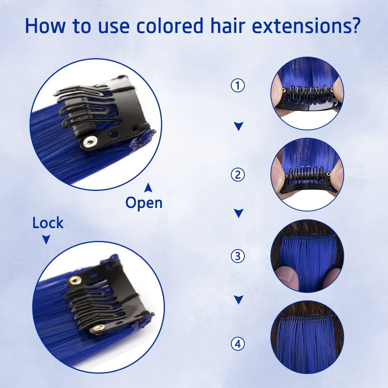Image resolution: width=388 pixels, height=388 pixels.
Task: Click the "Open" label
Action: [x=144, y=203]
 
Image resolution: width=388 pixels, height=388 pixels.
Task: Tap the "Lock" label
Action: [x=48, y=223]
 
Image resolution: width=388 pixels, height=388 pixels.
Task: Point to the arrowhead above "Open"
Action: [x=148, y=188]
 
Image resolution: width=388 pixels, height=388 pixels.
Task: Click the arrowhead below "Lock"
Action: [x=46, y=240]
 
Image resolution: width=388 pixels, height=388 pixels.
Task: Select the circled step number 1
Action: [x=237, y=86]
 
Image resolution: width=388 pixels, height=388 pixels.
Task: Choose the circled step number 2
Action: [x=237, y=175]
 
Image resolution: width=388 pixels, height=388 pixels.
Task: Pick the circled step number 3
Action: [x=237, y=256]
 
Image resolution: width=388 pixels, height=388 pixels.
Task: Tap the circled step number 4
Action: [x=237, y=343]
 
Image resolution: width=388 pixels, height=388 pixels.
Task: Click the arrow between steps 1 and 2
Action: [x=239, y=126]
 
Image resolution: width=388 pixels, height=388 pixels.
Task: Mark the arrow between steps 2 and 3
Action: [x=239, y=213]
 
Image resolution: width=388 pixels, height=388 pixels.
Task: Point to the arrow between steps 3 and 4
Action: [x=239, y=299]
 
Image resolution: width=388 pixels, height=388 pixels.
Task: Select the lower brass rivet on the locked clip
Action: [x=96, y=328]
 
